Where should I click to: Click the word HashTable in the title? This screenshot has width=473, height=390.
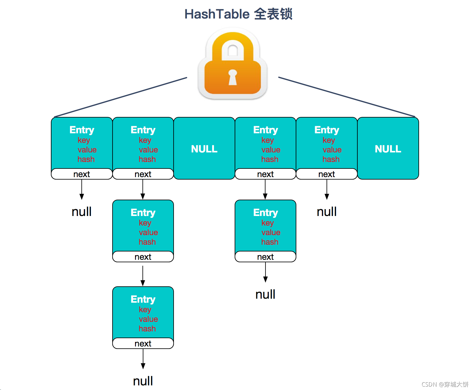(x=217, y=14)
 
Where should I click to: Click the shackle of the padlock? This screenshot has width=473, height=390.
(x=233, y=46)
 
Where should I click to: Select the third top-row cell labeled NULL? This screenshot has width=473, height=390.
(x=204, y=149)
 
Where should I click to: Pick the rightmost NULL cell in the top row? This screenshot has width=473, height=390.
(x=388, y=149)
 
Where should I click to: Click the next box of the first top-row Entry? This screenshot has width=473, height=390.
(x=82, y=174)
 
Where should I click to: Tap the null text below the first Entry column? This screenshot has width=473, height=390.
(x=81, y=212)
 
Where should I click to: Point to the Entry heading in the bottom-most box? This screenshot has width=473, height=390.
(x=143, y=299)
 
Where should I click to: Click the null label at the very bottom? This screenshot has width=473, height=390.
(x=143, y=381)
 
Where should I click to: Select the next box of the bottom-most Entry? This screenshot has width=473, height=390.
(x=143, y=343)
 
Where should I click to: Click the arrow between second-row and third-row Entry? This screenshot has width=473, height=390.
(x=143, y=275)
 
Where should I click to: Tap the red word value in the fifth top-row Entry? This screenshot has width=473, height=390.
(x=332, y=150)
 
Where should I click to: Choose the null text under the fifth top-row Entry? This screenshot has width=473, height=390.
(x=327, y=212)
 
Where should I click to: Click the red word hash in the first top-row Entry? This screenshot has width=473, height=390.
(x=86, y=159)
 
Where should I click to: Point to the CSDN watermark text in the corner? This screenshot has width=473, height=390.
(x=445, y=384)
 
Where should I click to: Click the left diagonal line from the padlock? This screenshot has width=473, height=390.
(x=120, y=97)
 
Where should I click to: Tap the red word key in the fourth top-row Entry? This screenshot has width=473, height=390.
(x=267, y=140)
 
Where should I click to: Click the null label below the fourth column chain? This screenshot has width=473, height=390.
(x=265, y=294)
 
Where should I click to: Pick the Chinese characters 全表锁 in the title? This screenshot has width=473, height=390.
(x=273, y=14)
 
